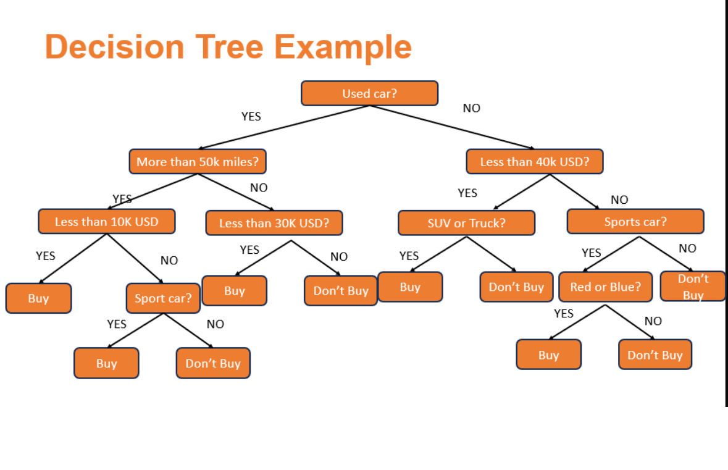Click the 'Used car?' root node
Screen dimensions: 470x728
pos(369,93)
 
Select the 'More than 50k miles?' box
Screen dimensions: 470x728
pos(198,162)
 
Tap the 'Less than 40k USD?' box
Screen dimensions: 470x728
pos(534,162)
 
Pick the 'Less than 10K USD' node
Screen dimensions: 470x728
pos(106,222)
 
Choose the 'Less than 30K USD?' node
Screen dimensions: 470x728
pos(274,223)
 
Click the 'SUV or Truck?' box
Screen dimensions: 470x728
pos(466,223)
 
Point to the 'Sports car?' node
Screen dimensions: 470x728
pos(635,222)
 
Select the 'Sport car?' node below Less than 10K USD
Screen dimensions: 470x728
pos(163,298)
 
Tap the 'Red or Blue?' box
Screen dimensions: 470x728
pos(605,287)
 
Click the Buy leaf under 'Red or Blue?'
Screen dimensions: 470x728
pos(548,355)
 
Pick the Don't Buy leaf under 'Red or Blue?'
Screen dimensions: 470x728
pos(655,355)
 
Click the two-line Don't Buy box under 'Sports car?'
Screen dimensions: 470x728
pos(693,287)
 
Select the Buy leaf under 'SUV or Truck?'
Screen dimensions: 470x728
pos(410,287)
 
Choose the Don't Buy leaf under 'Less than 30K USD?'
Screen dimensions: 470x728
pos(340,291)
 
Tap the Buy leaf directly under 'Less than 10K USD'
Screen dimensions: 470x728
pos(38,298)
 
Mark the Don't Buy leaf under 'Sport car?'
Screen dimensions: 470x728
pos(213,363)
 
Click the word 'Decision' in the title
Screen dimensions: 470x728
pos(115,47)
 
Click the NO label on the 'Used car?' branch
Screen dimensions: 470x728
pos(471,109)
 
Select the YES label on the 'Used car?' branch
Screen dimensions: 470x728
pos(251,117)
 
